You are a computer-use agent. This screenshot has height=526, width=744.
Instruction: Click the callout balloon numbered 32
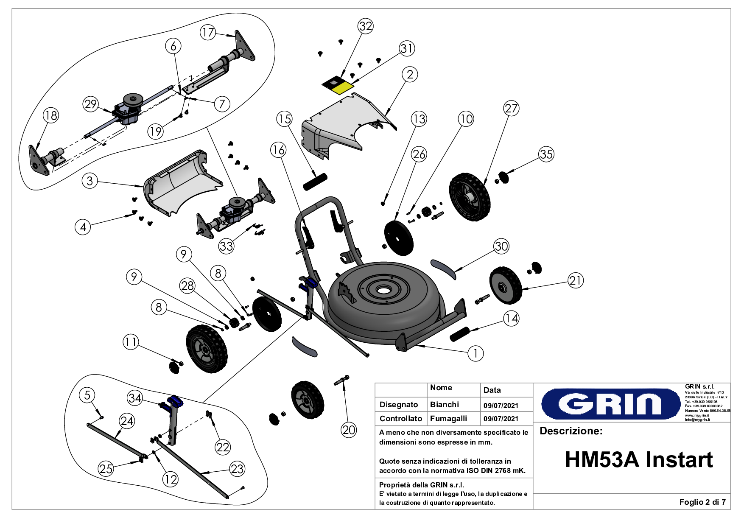pos(366,26)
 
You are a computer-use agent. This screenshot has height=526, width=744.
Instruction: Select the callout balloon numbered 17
pos(208,32)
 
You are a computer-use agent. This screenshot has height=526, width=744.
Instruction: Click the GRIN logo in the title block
pos(610,403)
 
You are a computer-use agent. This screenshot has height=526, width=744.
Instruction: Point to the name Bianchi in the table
pos(444,404)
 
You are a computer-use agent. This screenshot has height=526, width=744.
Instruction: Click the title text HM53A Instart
pos(638,459)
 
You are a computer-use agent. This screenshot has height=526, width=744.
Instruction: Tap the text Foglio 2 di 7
pos(702,502)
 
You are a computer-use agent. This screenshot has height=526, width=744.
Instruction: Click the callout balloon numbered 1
pos(475,353)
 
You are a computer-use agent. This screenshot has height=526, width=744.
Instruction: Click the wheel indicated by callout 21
pos(506,285)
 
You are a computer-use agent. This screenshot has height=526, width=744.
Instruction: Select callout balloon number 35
pos(546,154)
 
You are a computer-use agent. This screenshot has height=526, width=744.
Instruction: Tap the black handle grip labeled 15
pos(315,182)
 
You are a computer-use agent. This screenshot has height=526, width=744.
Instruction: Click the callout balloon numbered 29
pos(91,104)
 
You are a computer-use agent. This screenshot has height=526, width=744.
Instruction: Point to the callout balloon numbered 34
pos(135,398)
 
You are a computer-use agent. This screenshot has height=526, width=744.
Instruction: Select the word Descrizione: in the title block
pos(571,431)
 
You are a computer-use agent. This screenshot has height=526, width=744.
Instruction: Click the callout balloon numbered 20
pos(349,430)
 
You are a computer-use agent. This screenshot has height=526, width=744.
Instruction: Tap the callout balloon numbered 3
pos(90,181)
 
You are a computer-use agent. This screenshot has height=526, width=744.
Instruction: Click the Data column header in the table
pos(492,390)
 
